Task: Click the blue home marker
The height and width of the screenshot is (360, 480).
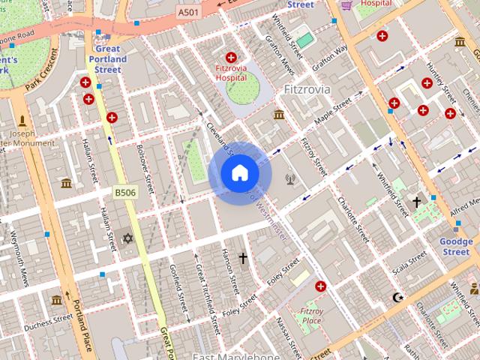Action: pos(239,173)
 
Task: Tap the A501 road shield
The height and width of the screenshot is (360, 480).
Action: pos(189,13)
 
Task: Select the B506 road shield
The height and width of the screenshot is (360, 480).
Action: pos(124,193)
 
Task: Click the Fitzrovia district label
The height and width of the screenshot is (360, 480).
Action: pos(307,89)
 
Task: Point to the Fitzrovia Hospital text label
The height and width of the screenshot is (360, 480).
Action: pos(231,72)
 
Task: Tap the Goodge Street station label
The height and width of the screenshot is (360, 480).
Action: pos(454,247)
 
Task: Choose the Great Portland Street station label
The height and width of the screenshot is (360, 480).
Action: pos(107,58)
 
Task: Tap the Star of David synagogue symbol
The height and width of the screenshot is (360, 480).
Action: pos(127,238)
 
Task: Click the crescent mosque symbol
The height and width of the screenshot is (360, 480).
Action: pos(397,298)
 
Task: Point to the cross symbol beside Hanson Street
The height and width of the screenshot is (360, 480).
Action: pos(242,259)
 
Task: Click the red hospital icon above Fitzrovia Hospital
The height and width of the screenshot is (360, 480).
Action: pos(231,57)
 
